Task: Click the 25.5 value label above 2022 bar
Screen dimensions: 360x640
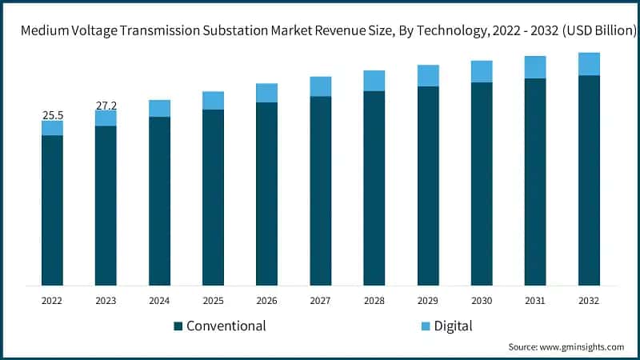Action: pyautogui.click(x=52, y=115)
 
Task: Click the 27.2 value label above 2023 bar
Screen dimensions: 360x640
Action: pyautogui.click(x=106, y=105)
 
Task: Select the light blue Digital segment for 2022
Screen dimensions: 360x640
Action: pyautogui.click(x=52, y=128)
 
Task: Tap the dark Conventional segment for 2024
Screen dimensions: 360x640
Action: pyautogui.click(x=159, y=200)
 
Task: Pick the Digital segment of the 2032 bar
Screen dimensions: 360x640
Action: pyautogui.click(x=589, y=64)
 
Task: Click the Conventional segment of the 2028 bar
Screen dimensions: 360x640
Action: pyautogui.click(x=374, y=188)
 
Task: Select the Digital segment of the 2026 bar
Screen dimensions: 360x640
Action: pyautogui.click(x=266, y=93)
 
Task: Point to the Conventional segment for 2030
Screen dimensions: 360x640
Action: pyautogui.click(x=482, y=183)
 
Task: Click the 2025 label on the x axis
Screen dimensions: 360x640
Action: pyautogui.click(x=213, y=301)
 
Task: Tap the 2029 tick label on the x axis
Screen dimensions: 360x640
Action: pyautogui.click(x=428, y=301)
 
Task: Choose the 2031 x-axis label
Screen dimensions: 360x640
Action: pyautogui.click(x=535, y=301)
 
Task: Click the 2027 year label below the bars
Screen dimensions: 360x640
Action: pyautogui.click(x=320, y=301)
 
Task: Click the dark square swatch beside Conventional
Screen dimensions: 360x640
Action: pyautogui.click(x=178, y=326)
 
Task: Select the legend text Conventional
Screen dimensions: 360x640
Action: pyautogui.click(x=226, y=326)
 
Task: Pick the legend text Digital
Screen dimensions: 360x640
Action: pyautogui.click(x=453, y=326)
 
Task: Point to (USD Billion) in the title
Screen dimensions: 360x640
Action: pyautogui.click(x=591, y=30)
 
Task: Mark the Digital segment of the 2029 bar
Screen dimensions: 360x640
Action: pyautogui.click(x=428, y=75)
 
